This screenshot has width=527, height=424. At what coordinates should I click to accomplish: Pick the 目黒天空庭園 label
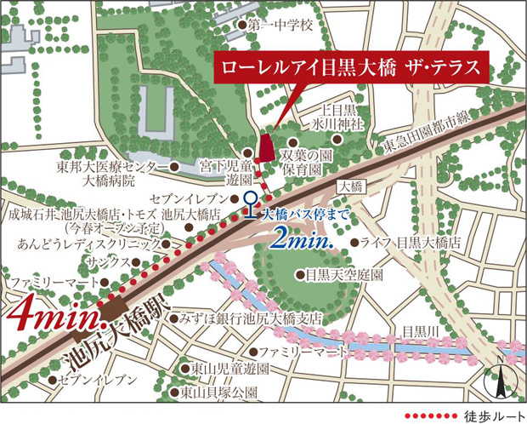[x=344, y=275]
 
